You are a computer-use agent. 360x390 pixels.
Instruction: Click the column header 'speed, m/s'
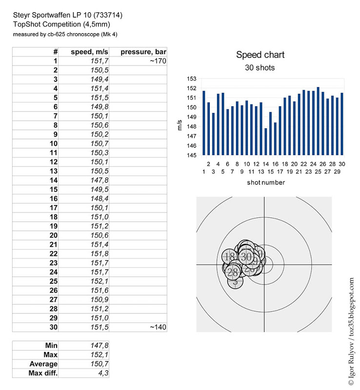pos(90,52)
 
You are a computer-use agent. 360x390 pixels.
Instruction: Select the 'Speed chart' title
pos(260,55)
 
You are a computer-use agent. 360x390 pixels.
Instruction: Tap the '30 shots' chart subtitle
pos(260,68)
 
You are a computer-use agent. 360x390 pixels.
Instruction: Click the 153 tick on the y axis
pos(192,79)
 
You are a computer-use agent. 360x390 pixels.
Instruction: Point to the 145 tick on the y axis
pos(192,156)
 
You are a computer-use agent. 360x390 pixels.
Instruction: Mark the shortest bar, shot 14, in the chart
pos(266,141)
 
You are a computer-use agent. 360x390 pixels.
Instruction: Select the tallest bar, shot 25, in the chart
pos(318,121)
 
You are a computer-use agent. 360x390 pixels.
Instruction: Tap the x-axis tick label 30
pos(342,164)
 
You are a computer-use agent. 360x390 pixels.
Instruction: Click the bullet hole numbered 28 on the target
pos(233,273)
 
